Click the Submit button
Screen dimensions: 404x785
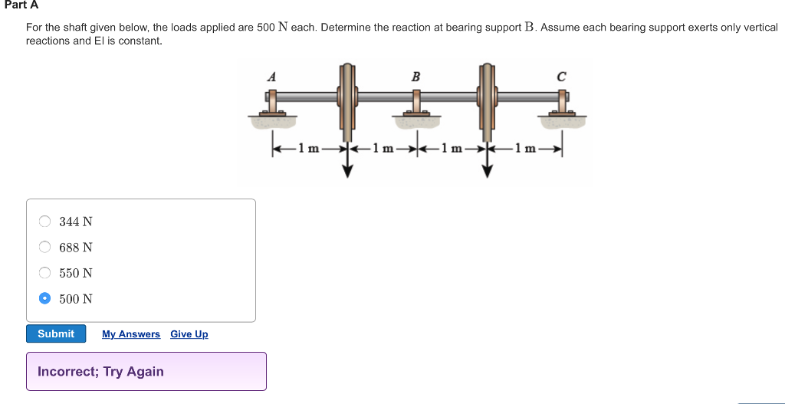(56, 334)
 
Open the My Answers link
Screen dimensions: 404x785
(130, 334)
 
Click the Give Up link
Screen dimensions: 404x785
(189, 334)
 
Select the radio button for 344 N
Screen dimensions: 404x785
(45, 222)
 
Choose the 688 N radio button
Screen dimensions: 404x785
(45, 247)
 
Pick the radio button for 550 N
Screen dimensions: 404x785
(45, 273)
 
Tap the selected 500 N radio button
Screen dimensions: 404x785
(45, 298)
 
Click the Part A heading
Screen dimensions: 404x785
(21, 5)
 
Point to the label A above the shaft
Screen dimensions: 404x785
(271, 76)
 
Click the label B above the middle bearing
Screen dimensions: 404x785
(415, 76)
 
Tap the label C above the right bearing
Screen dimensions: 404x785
(562, 76)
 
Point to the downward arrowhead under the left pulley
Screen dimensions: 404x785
(347, 171)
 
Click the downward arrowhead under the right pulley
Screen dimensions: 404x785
(488, 171)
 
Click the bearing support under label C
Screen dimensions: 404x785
(562, 107)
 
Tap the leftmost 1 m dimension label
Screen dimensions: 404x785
(308, 148)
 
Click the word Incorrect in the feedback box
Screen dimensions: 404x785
(67, 372)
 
